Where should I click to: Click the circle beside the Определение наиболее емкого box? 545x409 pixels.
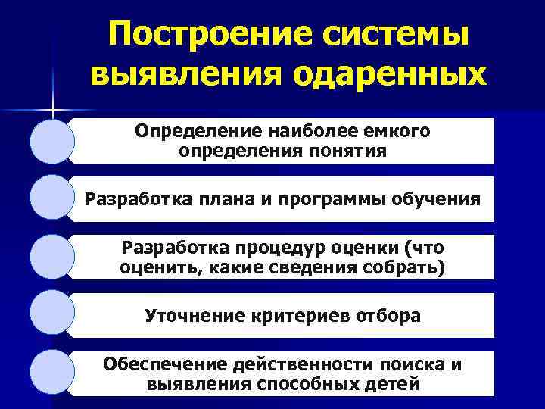[52, 141]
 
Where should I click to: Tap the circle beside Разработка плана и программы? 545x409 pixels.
[52, 199]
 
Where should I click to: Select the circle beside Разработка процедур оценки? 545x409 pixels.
[52, 258]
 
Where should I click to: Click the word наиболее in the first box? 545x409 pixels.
[287, 131]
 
